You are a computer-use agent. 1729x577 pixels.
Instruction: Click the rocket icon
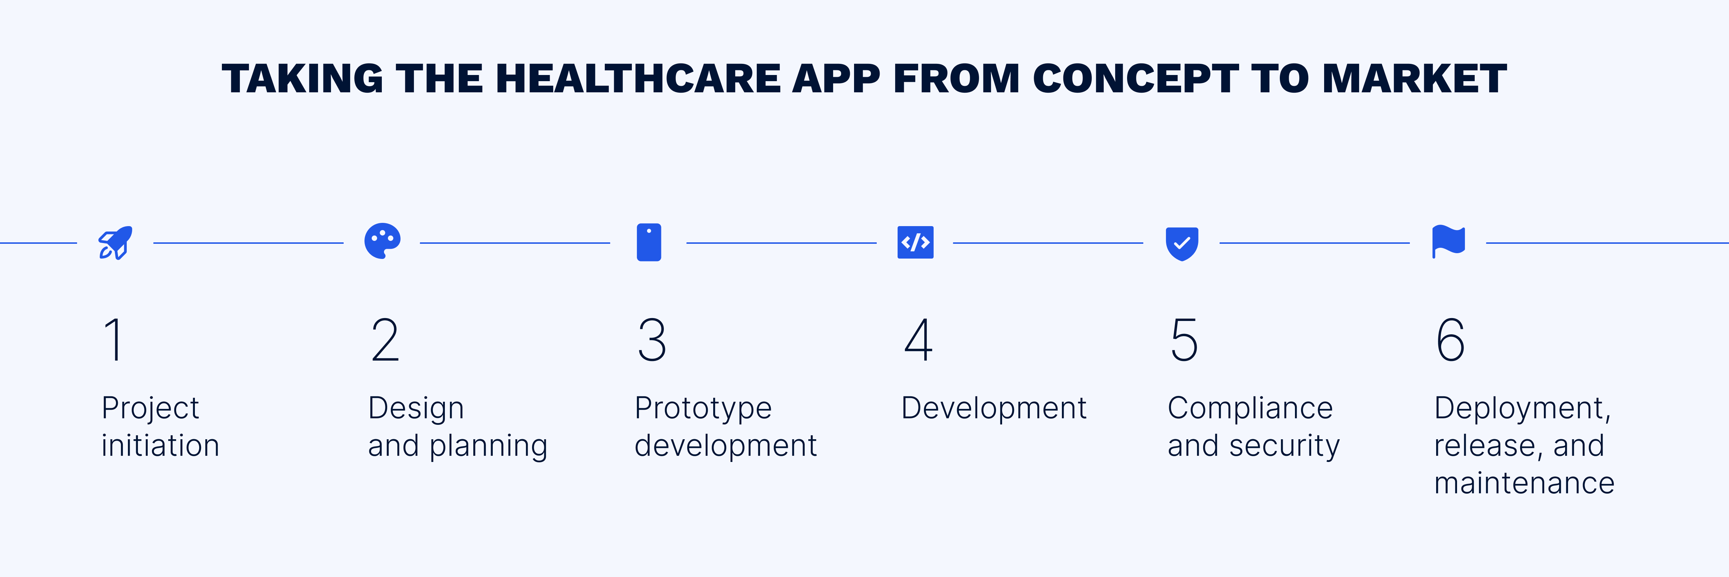tap(115, 242)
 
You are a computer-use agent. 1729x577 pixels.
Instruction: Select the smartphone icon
tap(649, 242)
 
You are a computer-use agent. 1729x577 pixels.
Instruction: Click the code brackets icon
tap(916, 242)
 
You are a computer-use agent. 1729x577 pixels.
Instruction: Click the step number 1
tap(114, 340)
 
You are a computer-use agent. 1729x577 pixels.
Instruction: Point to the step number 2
tap(385, 340)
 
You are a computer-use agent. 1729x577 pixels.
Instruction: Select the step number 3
tap(652, 340)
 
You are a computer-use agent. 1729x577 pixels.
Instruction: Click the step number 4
tap(918, 340)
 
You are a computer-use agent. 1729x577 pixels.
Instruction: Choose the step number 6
tap(1451, 340)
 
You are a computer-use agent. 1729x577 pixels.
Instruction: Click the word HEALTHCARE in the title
tap(638, 79)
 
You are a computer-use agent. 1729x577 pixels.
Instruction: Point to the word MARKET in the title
tap(1415, 79)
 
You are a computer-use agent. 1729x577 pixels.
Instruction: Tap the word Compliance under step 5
tap(1250, 408)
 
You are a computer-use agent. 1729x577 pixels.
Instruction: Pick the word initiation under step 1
tap(160, 445)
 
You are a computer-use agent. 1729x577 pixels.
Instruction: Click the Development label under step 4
tap(994, 408)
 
